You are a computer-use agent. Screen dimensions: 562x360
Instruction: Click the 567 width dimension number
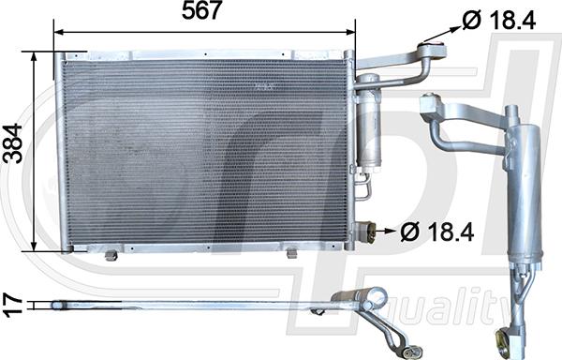point(200,10)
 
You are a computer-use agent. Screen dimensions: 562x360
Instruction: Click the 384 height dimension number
point(14,143)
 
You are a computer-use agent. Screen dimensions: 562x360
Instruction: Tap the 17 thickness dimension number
point(13,304)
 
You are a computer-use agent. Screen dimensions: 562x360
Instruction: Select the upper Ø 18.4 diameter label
point(499,20)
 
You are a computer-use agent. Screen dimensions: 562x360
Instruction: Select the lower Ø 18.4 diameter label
point(436,232)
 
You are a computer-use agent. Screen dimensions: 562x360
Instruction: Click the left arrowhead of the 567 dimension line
point(58,32)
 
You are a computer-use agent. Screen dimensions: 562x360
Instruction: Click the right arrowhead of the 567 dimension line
point(350,32)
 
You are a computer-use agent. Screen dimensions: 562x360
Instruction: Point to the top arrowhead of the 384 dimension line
point(34,56)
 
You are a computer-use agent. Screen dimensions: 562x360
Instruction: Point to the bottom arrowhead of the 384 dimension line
point(34,246)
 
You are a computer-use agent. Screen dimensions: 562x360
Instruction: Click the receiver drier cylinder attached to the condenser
point(367,124)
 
